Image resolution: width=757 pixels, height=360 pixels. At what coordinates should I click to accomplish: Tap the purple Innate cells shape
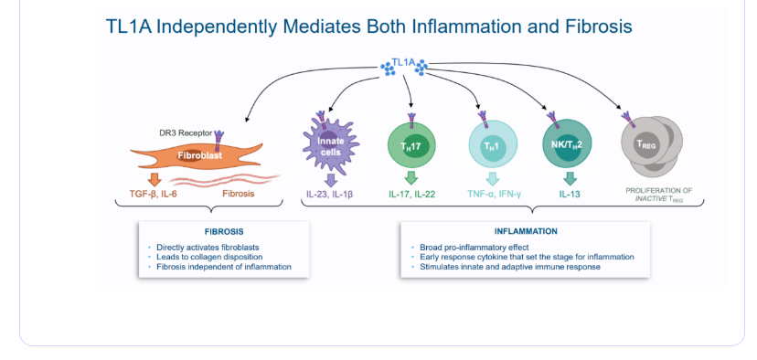click(x=331, y=146)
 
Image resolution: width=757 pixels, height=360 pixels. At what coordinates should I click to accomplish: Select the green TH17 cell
click(x=411, y=144)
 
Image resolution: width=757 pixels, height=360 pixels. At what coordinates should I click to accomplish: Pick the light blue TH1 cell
click(x=494, y=144)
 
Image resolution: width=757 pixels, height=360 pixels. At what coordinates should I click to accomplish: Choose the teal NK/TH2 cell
click(x=567, y=143)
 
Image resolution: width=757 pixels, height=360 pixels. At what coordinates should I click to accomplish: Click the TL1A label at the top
click(x=403, y=62)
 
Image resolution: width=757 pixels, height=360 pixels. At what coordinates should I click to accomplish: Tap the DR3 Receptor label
click(x=186, y=132)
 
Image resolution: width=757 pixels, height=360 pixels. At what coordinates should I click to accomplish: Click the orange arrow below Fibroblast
click(x=155, y=179)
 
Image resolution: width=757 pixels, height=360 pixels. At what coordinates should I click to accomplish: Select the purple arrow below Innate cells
click(x=330, y=180)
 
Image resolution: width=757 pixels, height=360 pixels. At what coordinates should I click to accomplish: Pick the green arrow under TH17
click(x=410, y=178)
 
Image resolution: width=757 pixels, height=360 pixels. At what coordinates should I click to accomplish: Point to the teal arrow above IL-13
click(x=570, y=178)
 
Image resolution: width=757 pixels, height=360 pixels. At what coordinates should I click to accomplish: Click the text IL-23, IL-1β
click(x=330, y=195)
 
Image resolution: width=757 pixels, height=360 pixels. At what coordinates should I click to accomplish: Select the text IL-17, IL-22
click(x=412, y=195)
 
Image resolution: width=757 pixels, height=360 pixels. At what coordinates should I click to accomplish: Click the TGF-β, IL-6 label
click(x=153, y=194)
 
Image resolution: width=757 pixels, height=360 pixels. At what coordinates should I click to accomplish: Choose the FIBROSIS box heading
click(x=223, y=232)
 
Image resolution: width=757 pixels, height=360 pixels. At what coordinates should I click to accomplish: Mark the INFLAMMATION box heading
click(x=526, y=232)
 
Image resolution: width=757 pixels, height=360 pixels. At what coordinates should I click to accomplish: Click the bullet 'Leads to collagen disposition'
click(x=209, y=257)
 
